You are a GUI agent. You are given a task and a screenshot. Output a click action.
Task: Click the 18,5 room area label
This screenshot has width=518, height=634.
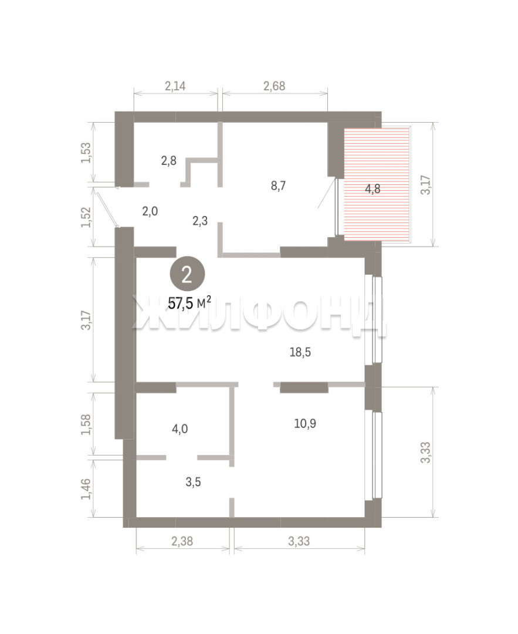pyautogui.click(x=300, y=352)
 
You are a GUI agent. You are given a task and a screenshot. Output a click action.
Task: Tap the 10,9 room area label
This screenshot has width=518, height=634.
pyautogui.click(x=305, y=423)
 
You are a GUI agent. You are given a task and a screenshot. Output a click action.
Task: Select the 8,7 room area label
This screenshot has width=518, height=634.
pyautogui.click(x=279, y=186)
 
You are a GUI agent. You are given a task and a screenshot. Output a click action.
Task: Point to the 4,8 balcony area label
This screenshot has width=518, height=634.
pyautogui.click(x=373, y=188)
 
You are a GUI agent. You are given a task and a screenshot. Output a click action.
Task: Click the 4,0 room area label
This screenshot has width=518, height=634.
pyautogui.click(x=180, y=429)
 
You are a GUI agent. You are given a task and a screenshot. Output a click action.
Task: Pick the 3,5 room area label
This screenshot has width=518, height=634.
pyautogui.click(x=193, y=482)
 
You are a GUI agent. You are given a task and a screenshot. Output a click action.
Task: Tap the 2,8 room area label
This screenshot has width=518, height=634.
pyautogui.click(x=168, y=160)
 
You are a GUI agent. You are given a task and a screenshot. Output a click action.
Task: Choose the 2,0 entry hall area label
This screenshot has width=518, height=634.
pyautogui.click(x=150, y=211)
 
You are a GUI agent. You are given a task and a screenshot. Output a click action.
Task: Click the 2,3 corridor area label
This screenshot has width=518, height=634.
pyautogui.click(x=200, y=221)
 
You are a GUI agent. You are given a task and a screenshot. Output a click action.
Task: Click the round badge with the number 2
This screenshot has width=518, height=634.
pyautogui.click(x=187, y=275)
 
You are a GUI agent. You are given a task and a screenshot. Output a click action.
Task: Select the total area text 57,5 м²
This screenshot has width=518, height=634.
pyautogui.click(x=189, y=303)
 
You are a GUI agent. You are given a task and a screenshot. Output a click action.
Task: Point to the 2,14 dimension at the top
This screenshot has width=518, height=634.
pyautogui.click(x=175, y=86)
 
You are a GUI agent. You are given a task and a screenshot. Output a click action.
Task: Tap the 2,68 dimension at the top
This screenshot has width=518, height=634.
pyautogui.click(x=274, y=86)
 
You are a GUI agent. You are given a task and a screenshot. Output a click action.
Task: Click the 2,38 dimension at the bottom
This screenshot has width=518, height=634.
pyautogui.click(x=182, y=541)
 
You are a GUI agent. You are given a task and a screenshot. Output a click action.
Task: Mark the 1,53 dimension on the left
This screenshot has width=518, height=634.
pyautogui.click(x=86, y=153)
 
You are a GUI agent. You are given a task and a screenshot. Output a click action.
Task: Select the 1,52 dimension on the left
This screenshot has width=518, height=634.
pyautogui.click(x=86, y=217)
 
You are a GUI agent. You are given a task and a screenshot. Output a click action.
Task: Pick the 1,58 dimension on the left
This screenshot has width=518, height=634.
pyautogui.click(x=86, y=424)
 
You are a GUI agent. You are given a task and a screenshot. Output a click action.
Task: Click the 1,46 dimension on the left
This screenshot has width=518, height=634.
pyautogui.click(x=86, y=488)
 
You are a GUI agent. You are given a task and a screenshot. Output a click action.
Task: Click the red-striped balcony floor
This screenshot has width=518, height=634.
pyautogui.click(x=377, y=184)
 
